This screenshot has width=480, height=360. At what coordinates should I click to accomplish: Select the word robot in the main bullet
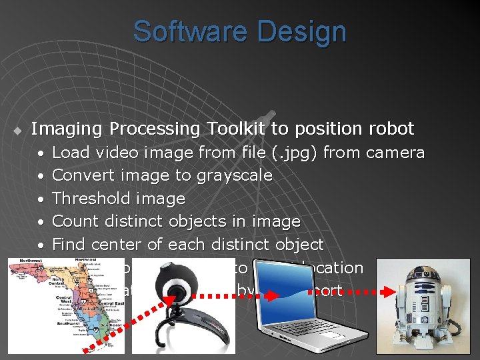391,128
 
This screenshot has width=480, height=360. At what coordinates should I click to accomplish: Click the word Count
73,221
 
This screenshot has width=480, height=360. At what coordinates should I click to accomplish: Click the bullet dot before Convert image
41,176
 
